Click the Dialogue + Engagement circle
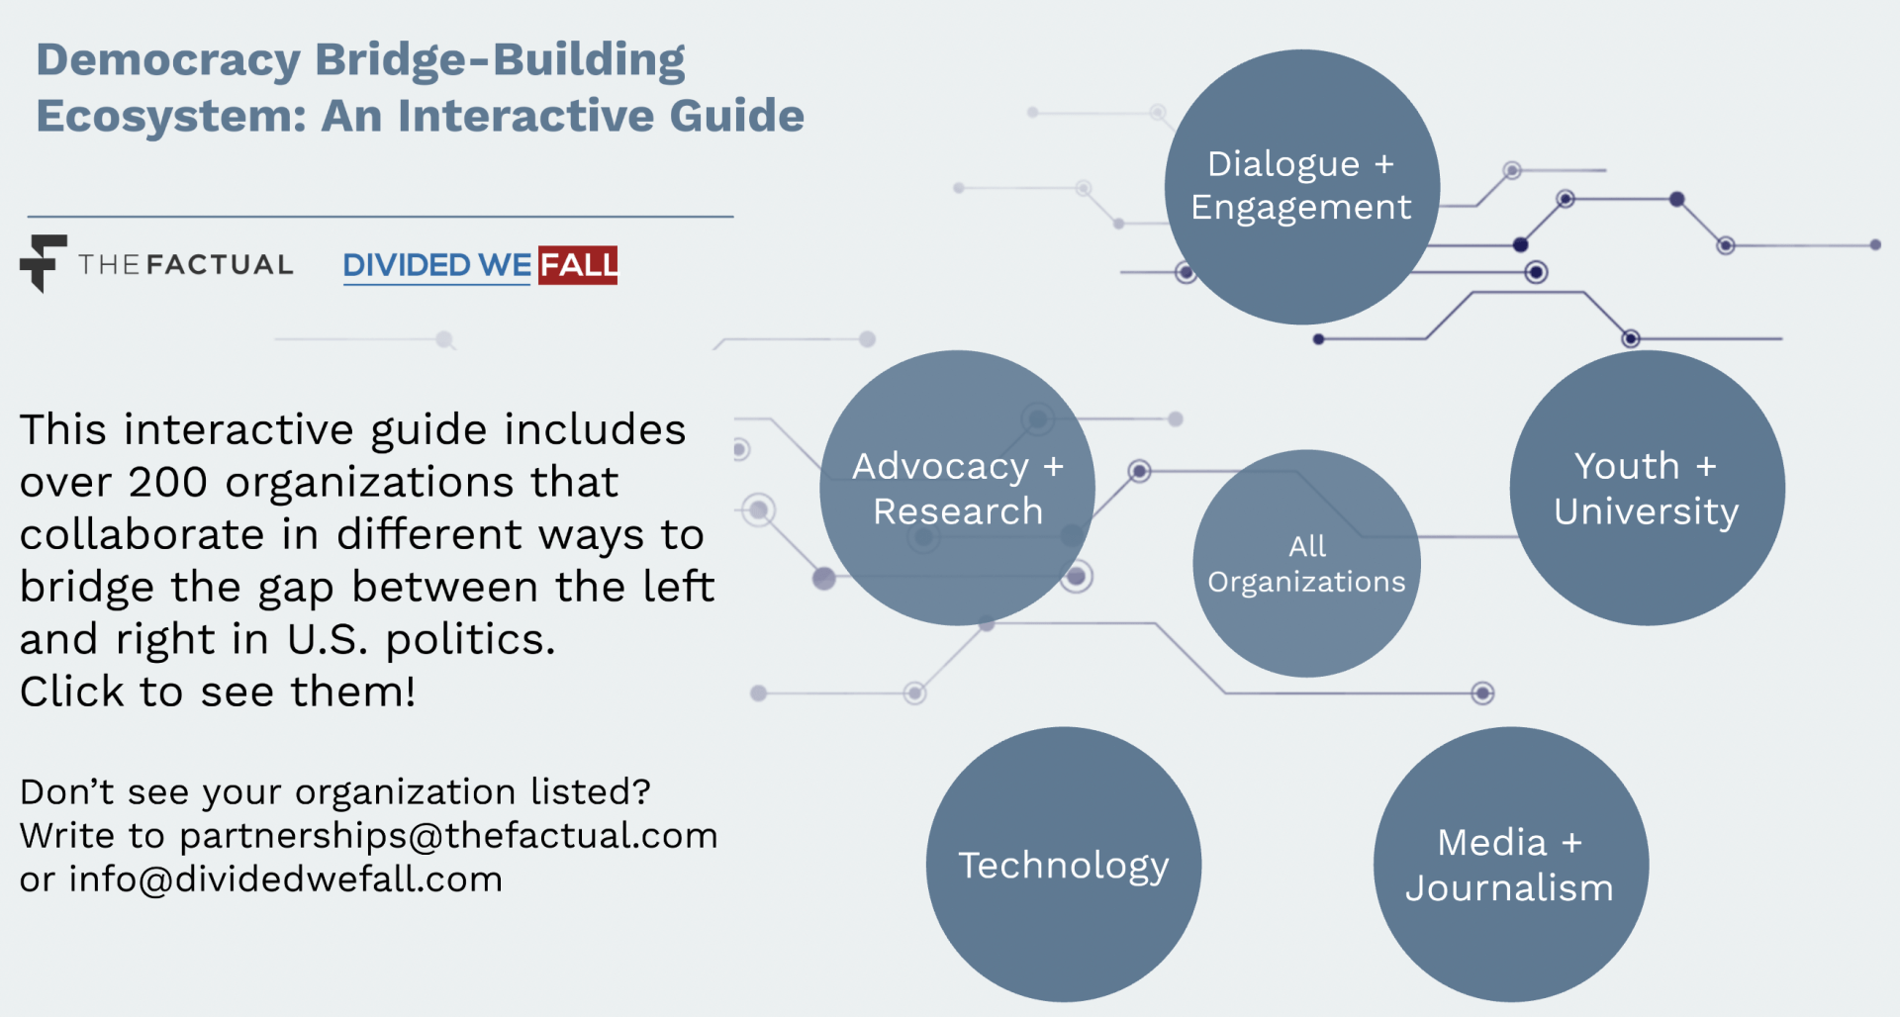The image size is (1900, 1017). point(1301,187)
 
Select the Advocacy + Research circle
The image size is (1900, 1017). point(957,488)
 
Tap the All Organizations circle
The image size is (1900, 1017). point(1306,564)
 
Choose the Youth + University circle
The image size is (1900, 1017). point(1647,488)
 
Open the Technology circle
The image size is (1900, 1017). point(1064,865)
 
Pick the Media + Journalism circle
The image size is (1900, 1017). point(1510,865)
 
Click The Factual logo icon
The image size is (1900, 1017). point(43,263)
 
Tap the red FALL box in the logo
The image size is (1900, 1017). point(578,265)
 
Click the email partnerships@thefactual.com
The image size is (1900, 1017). point(448,836)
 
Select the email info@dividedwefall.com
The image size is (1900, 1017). point(285,879)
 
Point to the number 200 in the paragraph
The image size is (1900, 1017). point(167,483)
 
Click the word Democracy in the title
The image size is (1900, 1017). point(168,60)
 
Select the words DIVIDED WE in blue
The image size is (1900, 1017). point(437,265)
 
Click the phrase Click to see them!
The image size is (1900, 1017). point(218,692)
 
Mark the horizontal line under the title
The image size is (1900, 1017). point(380,217)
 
